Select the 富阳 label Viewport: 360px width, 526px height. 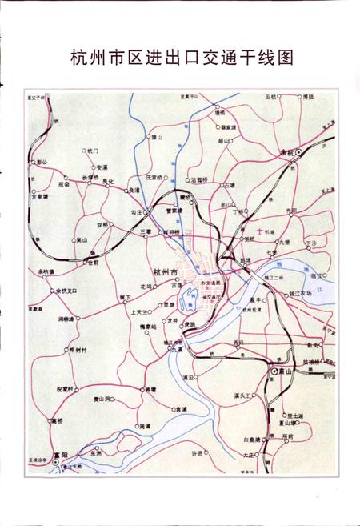[55, 457]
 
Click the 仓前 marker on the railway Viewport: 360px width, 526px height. [86, 262]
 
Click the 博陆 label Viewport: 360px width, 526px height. [308, 97]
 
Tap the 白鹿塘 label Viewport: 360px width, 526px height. [253, 440]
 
